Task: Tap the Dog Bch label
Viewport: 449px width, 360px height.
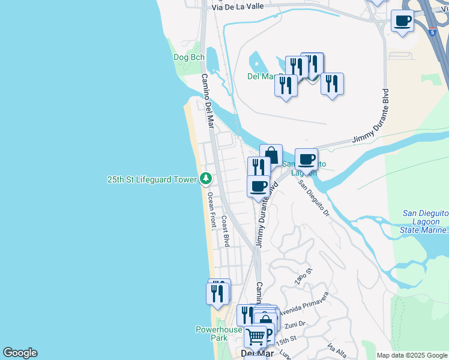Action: click(x=189, y=57)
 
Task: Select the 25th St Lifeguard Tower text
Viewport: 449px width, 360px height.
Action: click(x=152, y=179)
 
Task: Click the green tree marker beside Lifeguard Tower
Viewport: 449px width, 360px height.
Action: click(x=206, y=179)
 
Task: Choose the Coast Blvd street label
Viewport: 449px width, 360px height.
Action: click(x=225, y=231)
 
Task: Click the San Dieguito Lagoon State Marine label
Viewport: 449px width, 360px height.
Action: click(x=426, y=221)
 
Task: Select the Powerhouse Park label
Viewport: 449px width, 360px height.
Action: click(x=218, y=334)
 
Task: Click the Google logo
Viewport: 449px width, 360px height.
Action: click(x=20, y=353)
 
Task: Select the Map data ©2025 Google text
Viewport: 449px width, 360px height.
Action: click(x=411, y=355)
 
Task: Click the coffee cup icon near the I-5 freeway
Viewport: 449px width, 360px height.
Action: click(x=402, y=22)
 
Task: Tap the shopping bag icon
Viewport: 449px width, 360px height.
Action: click(x=271, y=155)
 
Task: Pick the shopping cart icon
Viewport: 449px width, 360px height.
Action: click(x=256, y=337)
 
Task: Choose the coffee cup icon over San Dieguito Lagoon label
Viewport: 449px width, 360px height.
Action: click(x=306, y=159)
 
